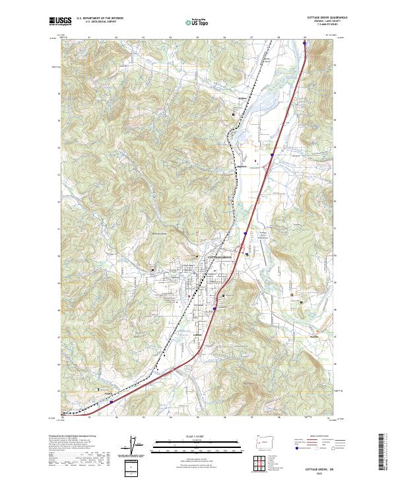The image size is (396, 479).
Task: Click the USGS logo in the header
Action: tap(60, 21)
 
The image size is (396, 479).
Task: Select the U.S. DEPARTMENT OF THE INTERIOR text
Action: tap(100, 18)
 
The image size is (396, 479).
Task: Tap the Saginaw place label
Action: tap(242, 166)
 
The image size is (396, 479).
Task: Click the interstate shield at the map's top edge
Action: tap(305, 45)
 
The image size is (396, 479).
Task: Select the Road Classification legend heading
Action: tap(311, 437)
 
